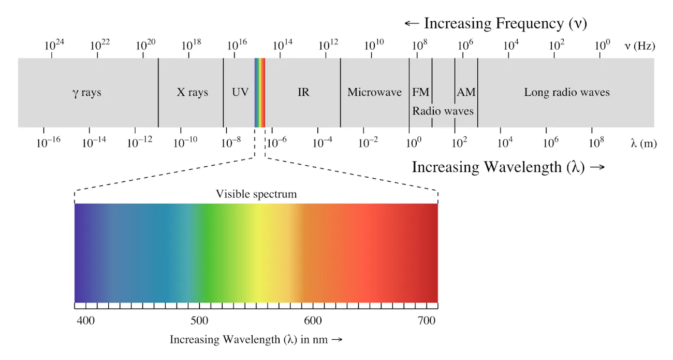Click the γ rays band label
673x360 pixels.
click(87, 93)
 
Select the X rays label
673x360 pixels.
click(192, 93)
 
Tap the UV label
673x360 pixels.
click(240, 93)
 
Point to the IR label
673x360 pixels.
click(303, 93)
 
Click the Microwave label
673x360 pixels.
click(374, 93)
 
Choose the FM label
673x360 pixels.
click(420, 93)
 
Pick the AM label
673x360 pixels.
click(466, 93)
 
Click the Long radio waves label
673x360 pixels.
click(567, 93)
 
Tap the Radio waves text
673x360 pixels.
click(443, 111)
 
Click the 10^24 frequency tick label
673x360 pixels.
click(54, 45)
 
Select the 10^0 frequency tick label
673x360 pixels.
click(602, 45)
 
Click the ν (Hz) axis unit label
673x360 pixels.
click(640, 46)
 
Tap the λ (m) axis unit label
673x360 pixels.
click(643, 143)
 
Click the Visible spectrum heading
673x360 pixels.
click(256, 194)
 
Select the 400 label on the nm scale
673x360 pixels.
click(86, 321)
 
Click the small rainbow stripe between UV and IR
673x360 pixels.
click(260, 93)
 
